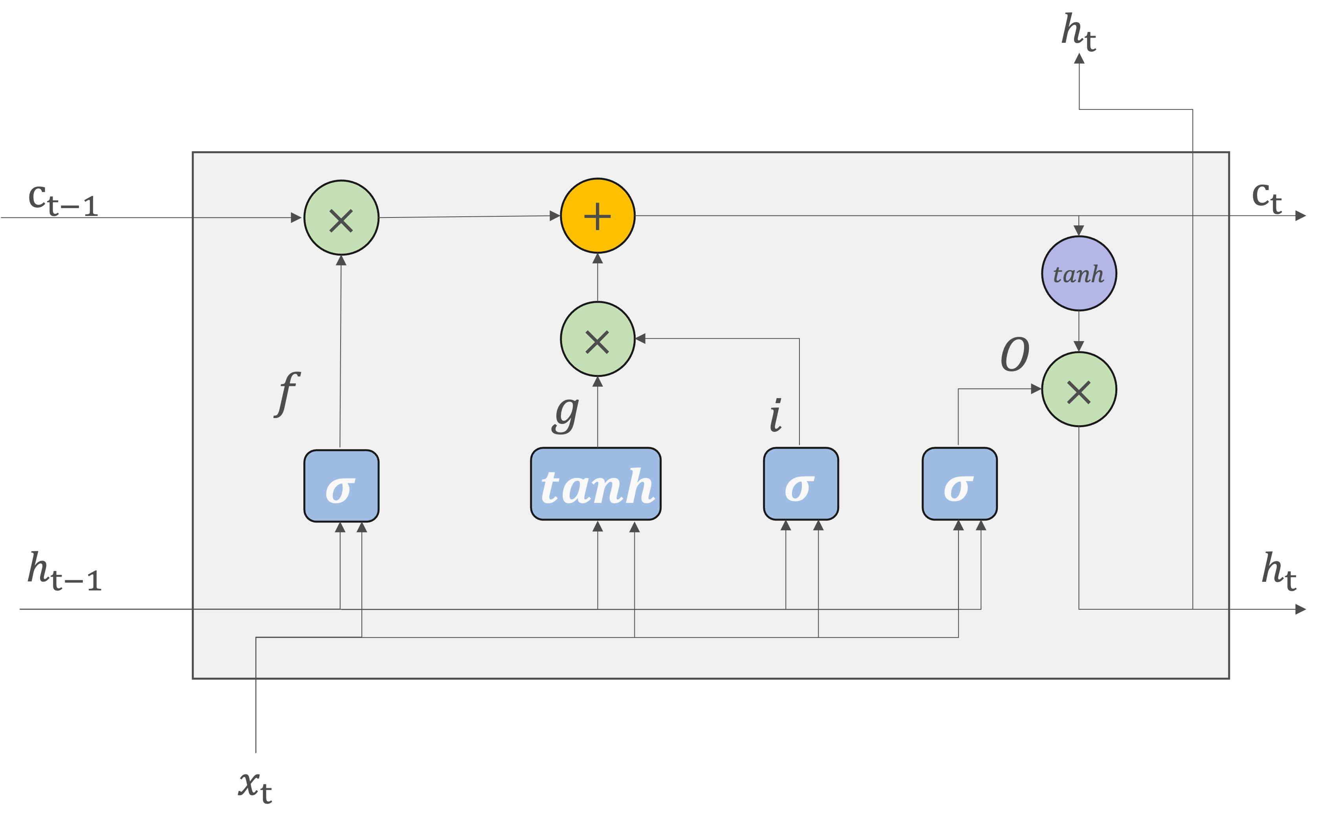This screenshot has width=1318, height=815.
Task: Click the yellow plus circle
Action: tap(598, 216)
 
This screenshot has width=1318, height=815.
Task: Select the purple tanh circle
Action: tap(1078, 274)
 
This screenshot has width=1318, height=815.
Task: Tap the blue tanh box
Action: tap(596, 484)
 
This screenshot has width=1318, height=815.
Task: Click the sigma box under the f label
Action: tap(341, 486)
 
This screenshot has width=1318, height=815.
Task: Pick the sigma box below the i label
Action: tap(801, 484)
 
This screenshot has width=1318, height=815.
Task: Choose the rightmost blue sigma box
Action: tap(959, 484)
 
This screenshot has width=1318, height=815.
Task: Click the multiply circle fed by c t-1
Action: tap(341, 218)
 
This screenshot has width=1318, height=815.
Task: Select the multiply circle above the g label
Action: tap(598, 339)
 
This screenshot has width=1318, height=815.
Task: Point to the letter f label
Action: tap(287, 393)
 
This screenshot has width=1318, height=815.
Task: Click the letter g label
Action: tap(566, 414)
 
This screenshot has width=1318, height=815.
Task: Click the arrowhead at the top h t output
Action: tap(1079, 58)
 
